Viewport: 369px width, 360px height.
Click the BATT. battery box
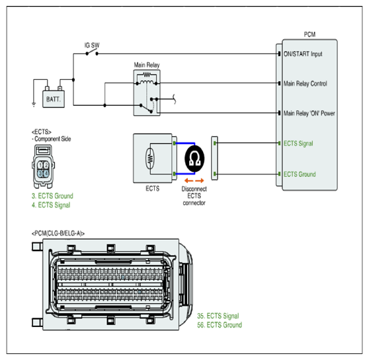tap(54, 99)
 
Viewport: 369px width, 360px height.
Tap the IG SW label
tap(92, 45)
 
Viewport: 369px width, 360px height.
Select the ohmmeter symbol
tap(194, 159)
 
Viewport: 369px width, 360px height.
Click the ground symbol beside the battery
tap(34, 104)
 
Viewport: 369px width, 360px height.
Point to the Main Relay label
tap(147, 65)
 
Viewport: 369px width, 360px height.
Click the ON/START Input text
tap(303, 54)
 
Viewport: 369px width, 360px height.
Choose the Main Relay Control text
tap(306, 83)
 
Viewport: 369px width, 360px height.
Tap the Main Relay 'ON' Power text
tap(309, 113)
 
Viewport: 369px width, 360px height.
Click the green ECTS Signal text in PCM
tap(298, 143)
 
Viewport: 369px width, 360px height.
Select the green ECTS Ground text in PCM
tap(300, 174)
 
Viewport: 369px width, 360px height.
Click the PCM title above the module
tap(309, 34)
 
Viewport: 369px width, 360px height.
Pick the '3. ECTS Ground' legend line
tap(52, 196)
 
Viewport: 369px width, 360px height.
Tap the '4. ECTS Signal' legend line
tap(51, 205)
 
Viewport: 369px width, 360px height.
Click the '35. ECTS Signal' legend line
tap(218, 316)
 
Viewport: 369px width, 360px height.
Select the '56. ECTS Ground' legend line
tap(220, 325)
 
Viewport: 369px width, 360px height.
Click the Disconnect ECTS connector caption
tap(194, 196)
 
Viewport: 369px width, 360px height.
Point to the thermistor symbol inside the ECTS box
tap(149, 159)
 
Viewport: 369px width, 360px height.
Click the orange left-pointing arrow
tap(188, 180)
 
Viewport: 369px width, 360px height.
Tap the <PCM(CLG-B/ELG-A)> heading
tap(58, 233)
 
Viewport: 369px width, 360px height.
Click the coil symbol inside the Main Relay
tap(147, 83)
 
